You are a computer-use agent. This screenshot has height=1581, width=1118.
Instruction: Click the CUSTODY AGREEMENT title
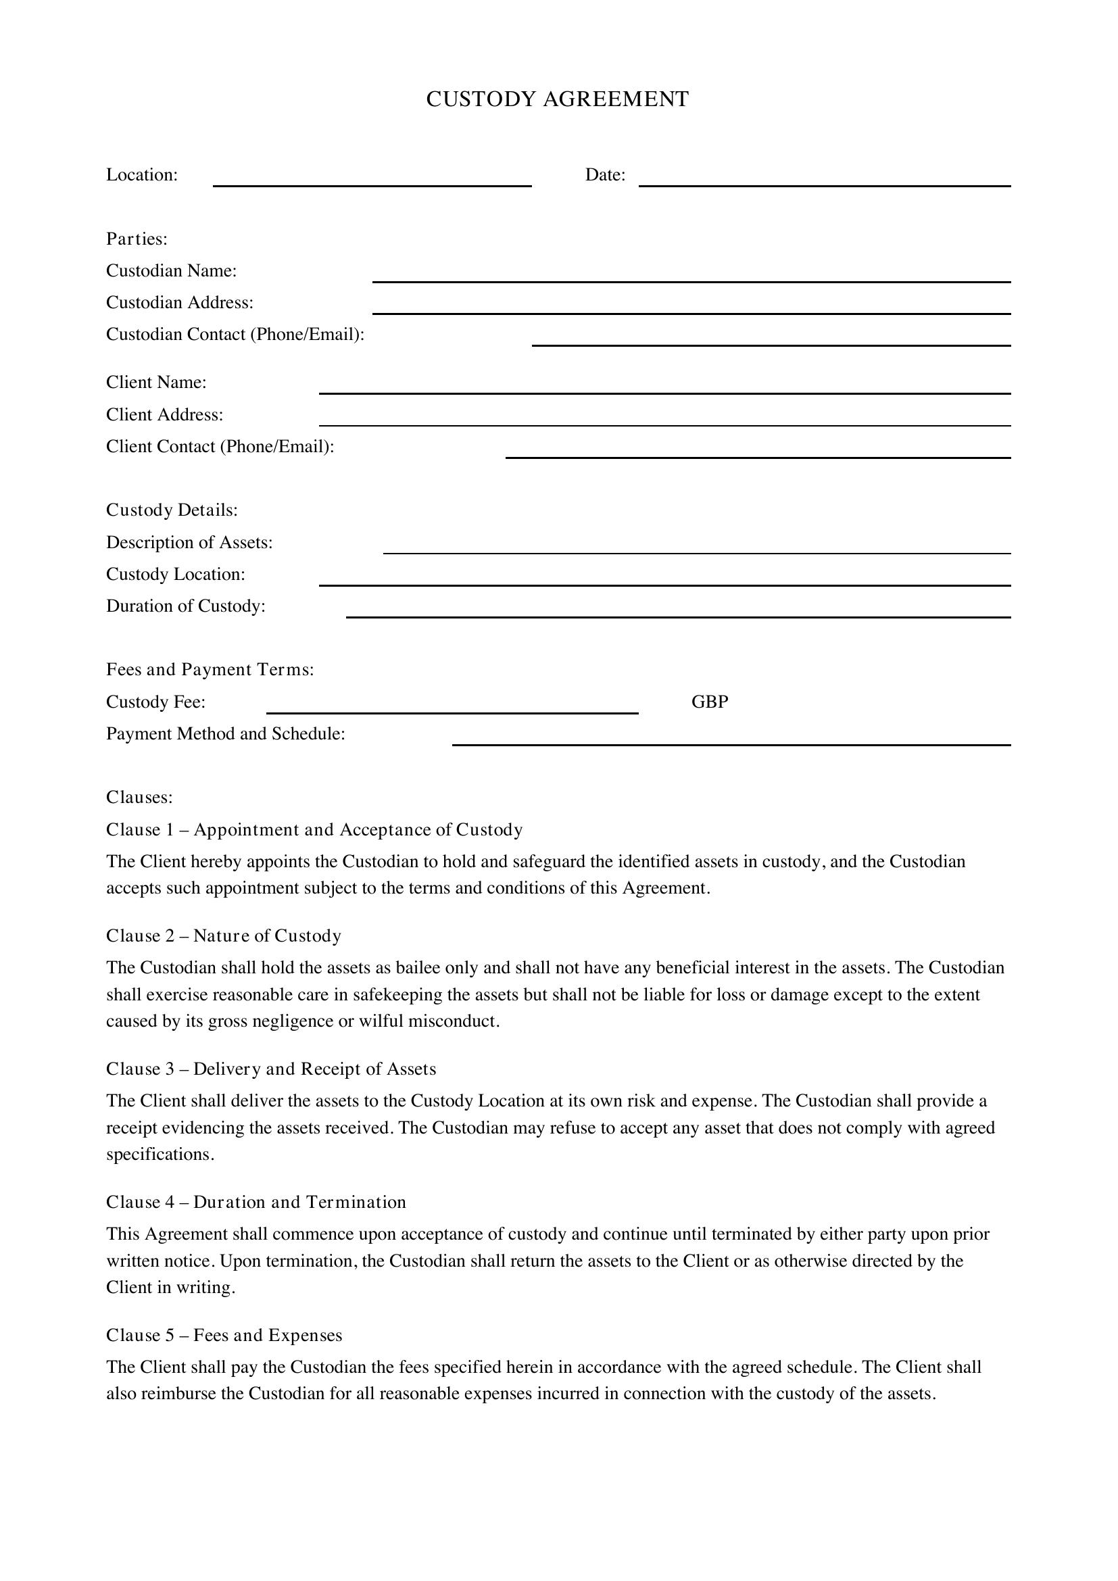[557, 99]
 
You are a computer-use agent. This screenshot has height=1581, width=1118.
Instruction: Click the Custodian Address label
[180, 302]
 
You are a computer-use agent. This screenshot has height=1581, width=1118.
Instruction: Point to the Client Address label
[164, 414]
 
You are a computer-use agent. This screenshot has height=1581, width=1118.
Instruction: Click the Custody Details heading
[172, 510]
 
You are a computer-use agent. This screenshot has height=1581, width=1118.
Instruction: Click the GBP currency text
[710, 702]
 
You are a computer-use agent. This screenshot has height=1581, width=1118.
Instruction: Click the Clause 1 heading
[314, 830]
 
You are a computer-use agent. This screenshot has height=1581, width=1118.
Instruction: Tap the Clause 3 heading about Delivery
[270, 1069]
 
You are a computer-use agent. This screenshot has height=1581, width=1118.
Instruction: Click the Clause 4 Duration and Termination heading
[256, 1202]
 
